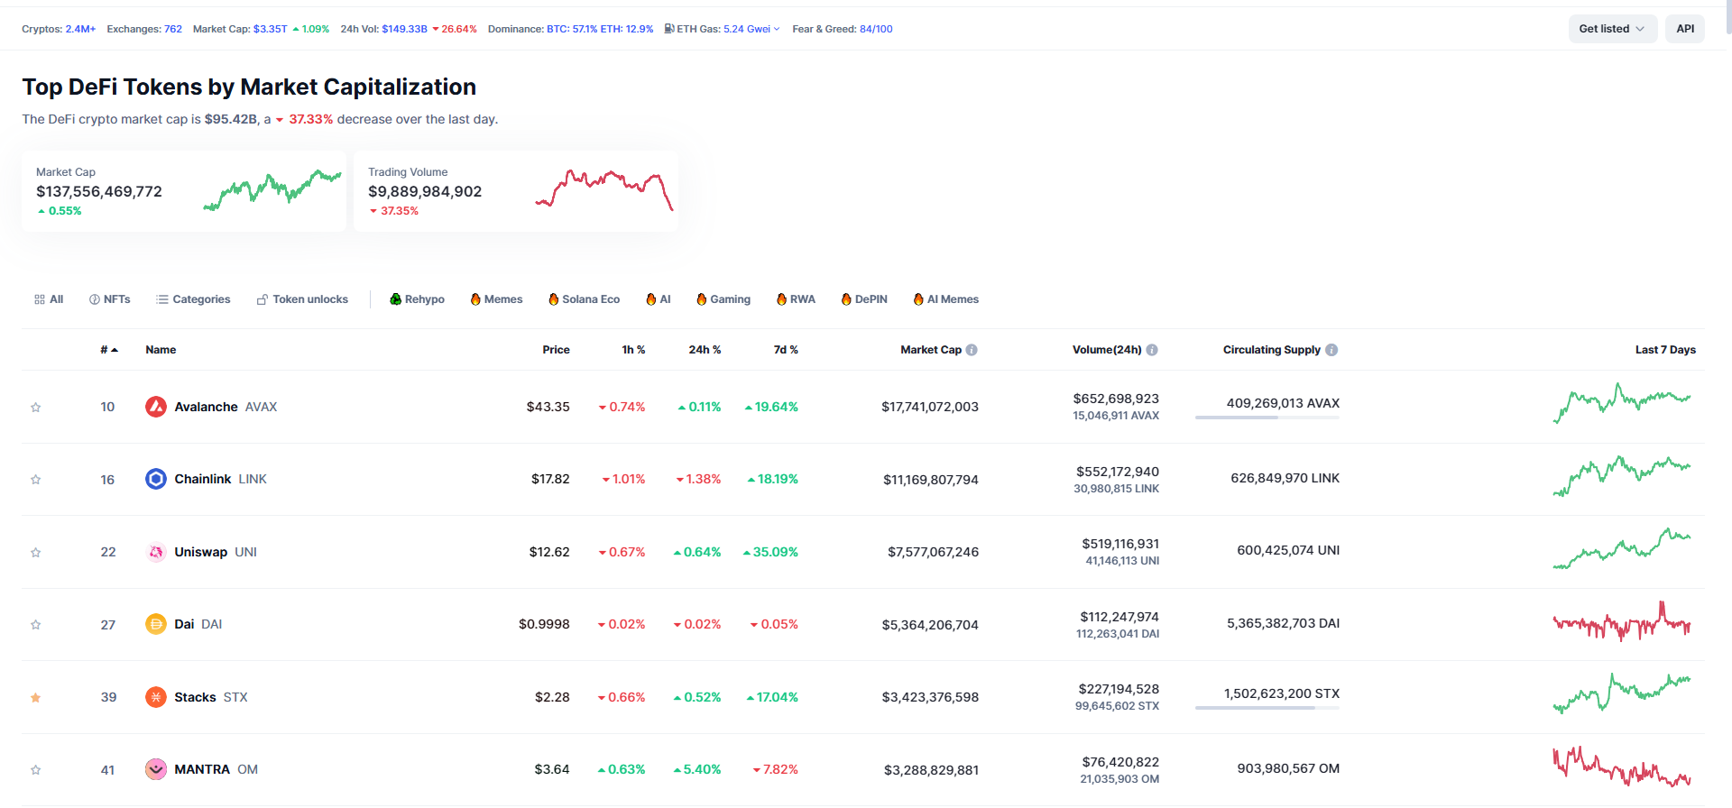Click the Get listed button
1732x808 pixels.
[1611, 29]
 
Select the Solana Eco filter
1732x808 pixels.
[584, 299]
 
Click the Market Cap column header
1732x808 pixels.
[931, 350]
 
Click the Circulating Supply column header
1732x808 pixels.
[1271, 350]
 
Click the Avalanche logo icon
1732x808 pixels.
[156, 407]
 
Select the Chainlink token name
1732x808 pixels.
[203, 479]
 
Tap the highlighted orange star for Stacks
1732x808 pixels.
[36, 697]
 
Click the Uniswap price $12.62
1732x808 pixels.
[549, 552]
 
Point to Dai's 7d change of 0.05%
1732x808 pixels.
[774, 624]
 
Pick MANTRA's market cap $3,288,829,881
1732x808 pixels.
[931, 770]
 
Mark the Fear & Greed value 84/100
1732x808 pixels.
[876, 29]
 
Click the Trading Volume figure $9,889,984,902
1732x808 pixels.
[425, 191]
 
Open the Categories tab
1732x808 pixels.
[193, 299]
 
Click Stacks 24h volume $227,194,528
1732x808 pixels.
[1119, 689]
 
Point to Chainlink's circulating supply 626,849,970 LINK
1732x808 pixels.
[1285, 478]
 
